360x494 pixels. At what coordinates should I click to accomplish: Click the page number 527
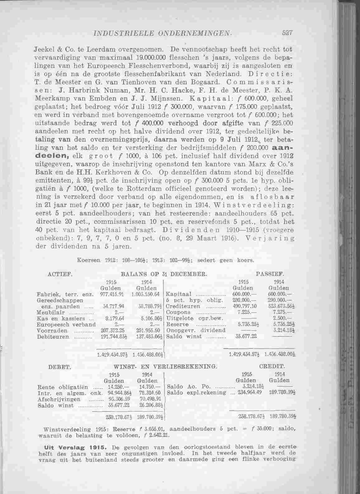point(288,33)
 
